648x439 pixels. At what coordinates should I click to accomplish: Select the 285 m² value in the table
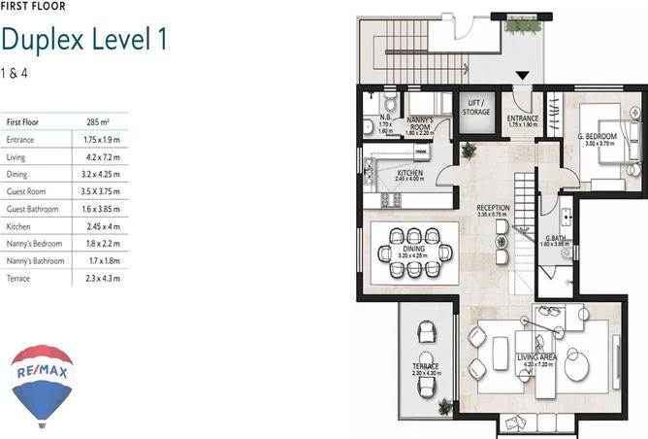[x=98, y=122]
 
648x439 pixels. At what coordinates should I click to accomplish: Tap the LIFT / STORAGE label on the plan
[x=476, y=107]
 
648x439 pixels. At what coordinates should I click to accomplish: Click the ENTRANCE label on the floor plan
[x=522, y=119]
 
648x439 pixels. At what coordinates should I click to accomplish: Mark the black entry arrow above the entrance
[x=522, y=76]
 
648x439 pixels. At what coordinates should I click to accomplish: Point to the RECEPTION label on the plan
[x=493, y=210]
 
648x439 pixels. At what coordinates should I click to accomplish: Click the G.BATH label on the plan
[x=555, y=240]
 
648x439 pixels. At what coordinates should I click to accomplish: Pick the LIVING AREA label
[x=535, y=358]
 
